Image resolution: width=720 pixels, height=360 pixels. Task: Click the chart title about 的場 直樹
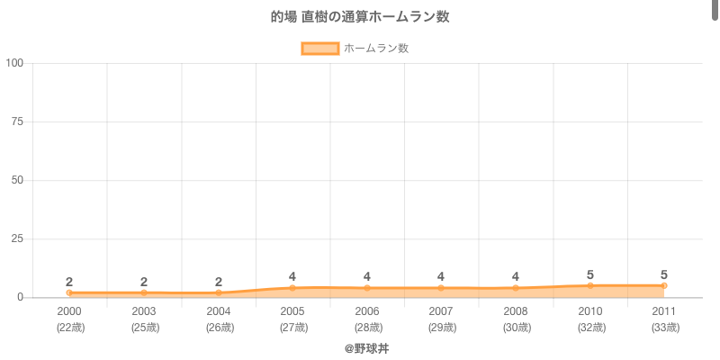pyautogui.click(x=360, y=17)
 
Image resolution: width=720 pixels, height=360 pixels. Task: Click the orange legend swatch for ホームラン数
pyautogui.click(x=320, y=49)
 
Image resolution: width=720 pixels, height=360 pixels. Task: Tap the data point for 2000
pyautogui.click(x=69, y=292)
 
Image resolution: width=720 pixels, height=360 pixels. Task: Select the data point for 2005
pyautogui.click(x=292, y=288)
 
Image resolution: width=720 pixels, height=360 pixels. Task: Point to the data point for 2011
pyautogui.click(x=664, y=285)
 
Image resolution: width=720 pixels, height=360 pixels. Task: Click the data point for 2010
pyautogui.click(x=590, y=285)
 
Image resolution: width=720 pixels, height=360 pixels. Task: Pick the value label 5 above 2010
pyautogui.click(x=590, y=274)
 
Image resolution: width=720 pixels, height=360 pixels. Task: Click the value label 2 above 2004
pyautogui.click(x=219, y=282)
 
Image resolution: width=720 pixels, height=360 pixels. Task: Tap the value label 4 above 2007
pyautogui.click(x=441, y=276)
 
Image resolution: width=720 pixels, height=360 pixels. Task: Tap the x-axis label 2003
pyautogui.click(x=144, y=311)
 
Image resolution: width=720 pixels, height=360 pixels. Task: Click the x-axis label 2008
pyautogui.click(x=516, y=311)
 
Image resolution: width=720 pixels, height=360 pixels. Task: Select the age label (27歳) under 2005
pyautogui.click(x=292, y=328)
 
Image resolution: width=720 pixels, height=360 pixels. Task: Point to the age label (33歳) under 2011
pyautogui.click(x=664, y=328)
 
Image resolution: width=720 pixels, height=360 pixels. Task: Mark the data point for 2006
pyautogui.click(x=367, y=288)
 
